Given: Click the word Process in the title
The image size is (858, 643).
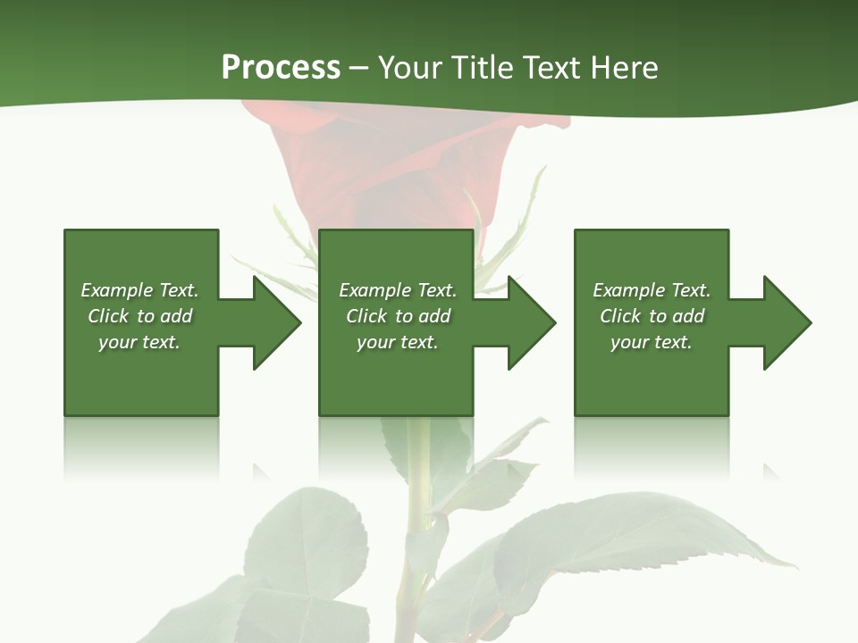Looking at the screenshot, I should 281,68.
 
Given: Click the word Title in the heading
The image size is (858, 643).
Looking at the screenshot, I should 481,68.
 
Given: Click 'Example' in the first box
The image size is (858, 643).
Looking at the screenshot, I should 116,290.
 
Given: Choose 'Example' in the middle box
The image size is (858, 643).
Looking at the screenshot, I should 374,290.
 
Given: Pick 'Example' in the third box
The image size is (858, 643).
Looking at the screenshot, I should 628,290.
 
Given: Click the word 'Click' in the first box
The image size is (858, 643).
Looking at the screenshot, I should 108,316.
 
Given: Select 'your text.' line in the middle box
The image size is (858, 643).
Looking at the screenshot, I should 397,342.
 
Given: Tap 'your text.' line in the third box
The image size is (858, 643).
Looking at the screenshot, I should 651,342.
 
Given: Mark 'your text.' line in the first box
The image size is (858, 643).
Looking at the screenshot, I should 139,342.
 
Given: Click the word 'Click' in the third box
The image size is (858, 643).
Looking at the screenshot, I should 620,316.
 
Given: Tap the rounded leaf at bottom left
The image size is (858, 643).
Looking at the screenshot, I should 304,536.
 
